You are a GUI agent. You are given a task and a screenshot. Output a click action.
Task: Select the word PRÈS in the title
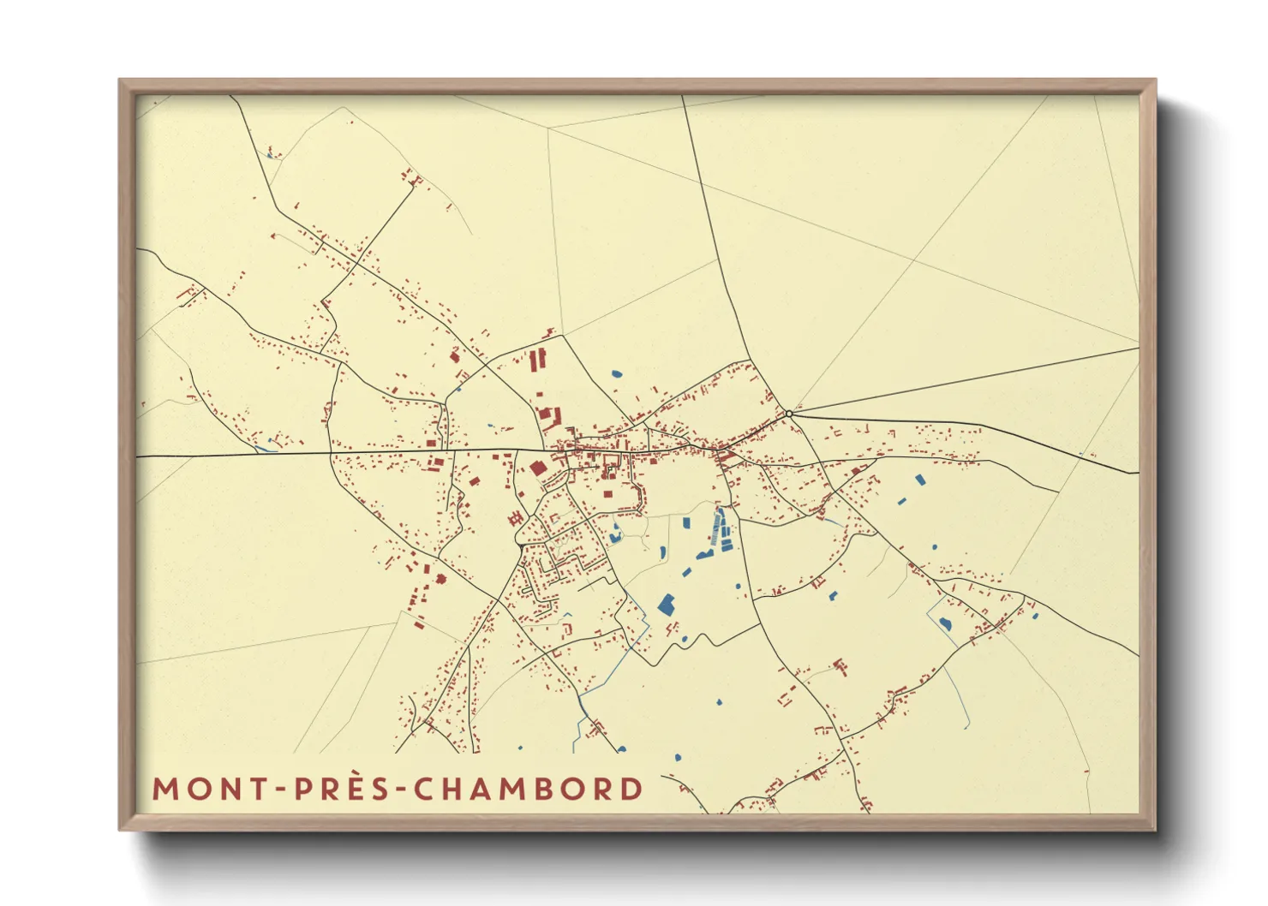tap(344, 789)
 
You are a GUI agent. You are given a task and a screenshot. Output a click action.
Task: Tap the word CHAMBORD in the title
tap(529, 789)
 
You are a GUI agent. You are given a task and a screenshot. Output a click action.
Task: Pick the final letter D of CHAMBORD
tap(632, 789)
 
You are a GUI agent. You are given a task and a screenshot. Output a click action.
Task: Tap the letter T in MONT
tap(263, 789)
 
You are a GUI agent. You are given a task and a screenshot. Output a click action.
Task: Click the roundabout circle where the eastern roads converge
tap(789, 414)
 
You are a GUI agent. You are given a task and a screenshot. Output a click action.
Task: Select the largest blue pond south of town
tap(666, 605)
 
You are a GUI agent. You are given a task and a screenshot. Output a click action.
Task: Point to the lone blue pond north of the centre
tap(616, 373)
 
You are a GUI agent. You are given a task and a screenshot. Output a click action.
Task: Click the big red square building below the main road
tap(537, 468)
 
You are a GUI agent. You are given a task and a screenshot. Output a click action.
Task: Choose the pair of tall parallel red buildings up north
tap(536, 360)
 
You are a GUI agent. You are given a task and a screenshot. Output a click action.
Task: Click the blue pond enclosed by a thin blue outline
tap(945, 623)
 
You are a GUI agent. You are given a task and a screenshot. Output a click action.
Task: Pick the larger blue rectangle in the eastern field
tap(920, 480)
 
